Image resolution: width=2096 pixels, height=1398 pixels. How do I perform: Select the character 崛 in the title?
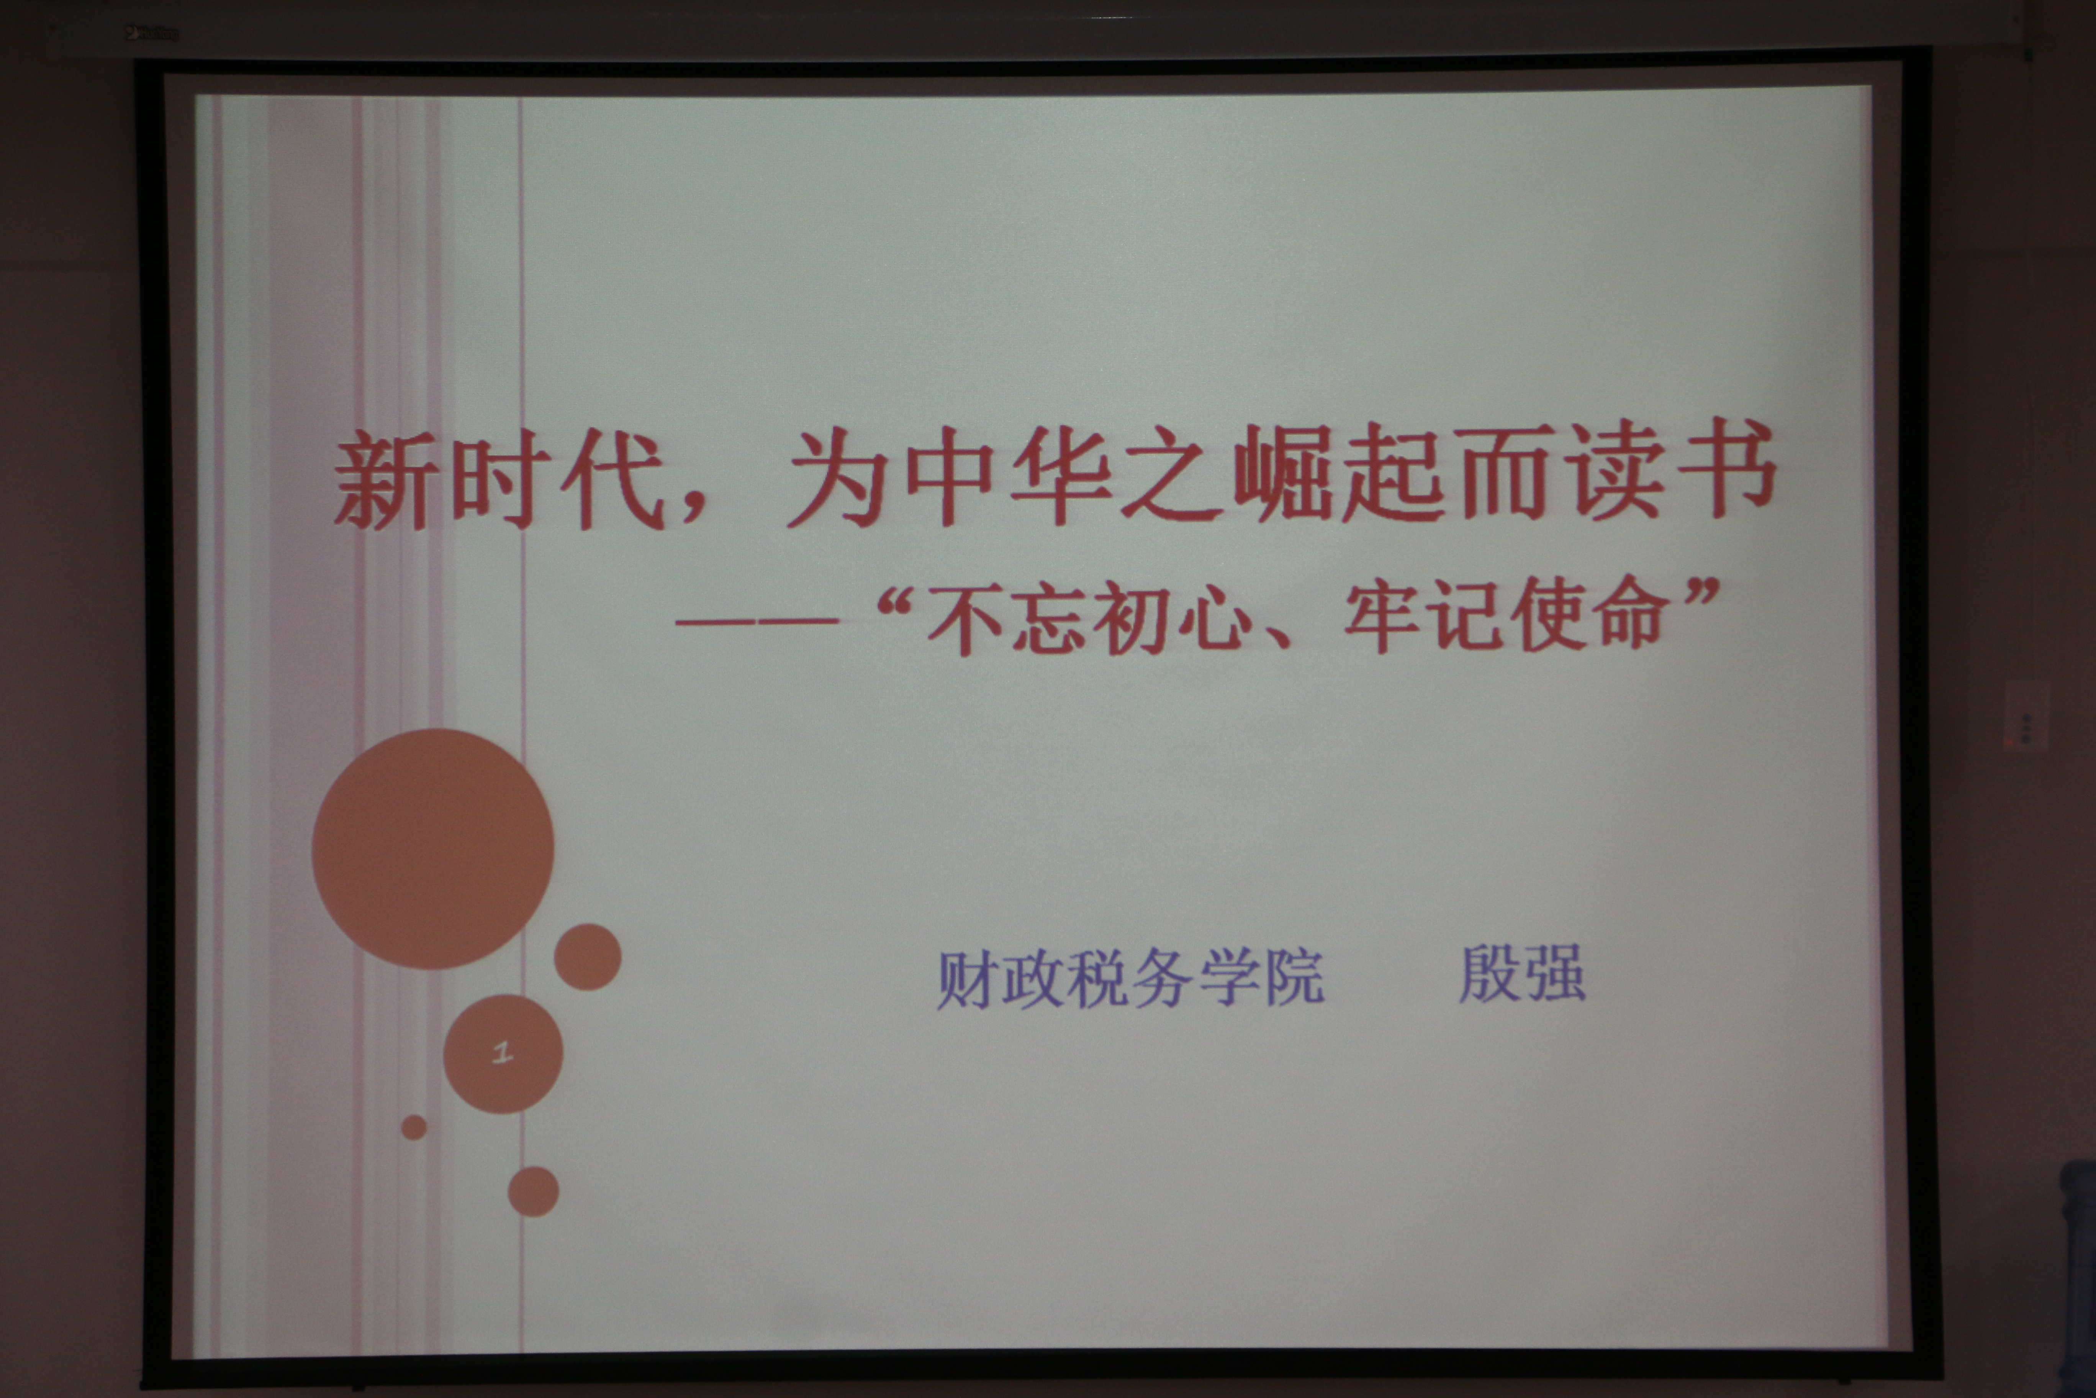point(1283,474)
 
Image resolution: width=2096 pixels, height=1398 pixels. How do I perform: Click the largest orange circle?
point(433,849)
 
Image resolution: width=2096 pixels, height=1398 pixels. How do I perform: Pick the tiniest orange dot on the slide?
point(414,1127)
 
